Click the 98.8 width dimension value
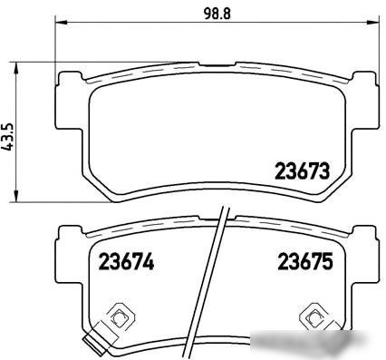click(x=217, y=14)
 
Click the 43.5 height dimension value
click(x=8, y=137)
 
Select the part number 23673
click(x=302, y=170)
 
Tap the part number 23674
click(x=127, y=261)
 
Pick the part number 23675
click(x=305, y=261)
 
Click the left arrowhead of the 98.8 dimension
click(x=61, y=22)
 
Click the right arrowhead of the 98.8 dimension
click(x=372, y=22)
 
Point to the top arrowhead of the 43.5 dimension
click(x=17, y=68)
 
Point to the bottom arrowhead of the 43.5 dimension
click(x=17, y=196)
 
